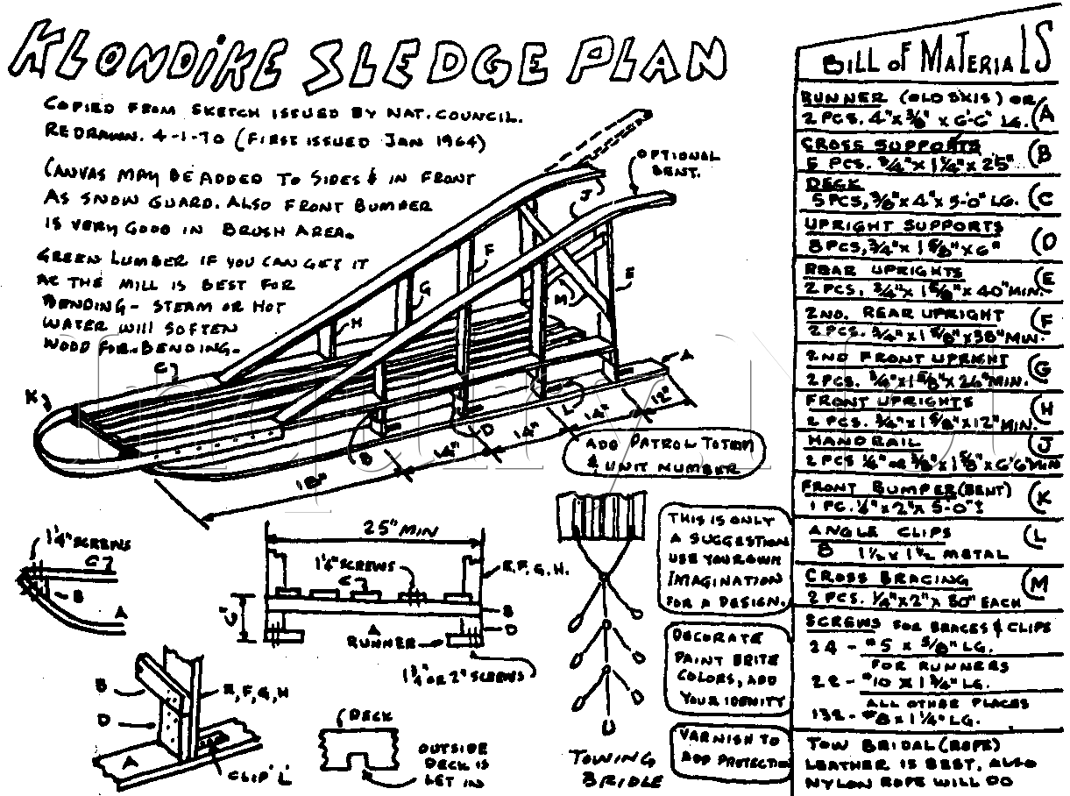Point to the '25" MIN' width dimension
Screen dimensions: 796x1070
point(374,530)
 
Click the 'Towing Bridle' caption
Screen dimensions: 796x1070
point(613,768)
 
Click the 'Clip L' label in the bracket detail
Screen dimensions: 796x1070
point(260,774)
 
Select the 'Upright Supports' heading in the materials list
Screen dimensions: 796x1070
point(903,226)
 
